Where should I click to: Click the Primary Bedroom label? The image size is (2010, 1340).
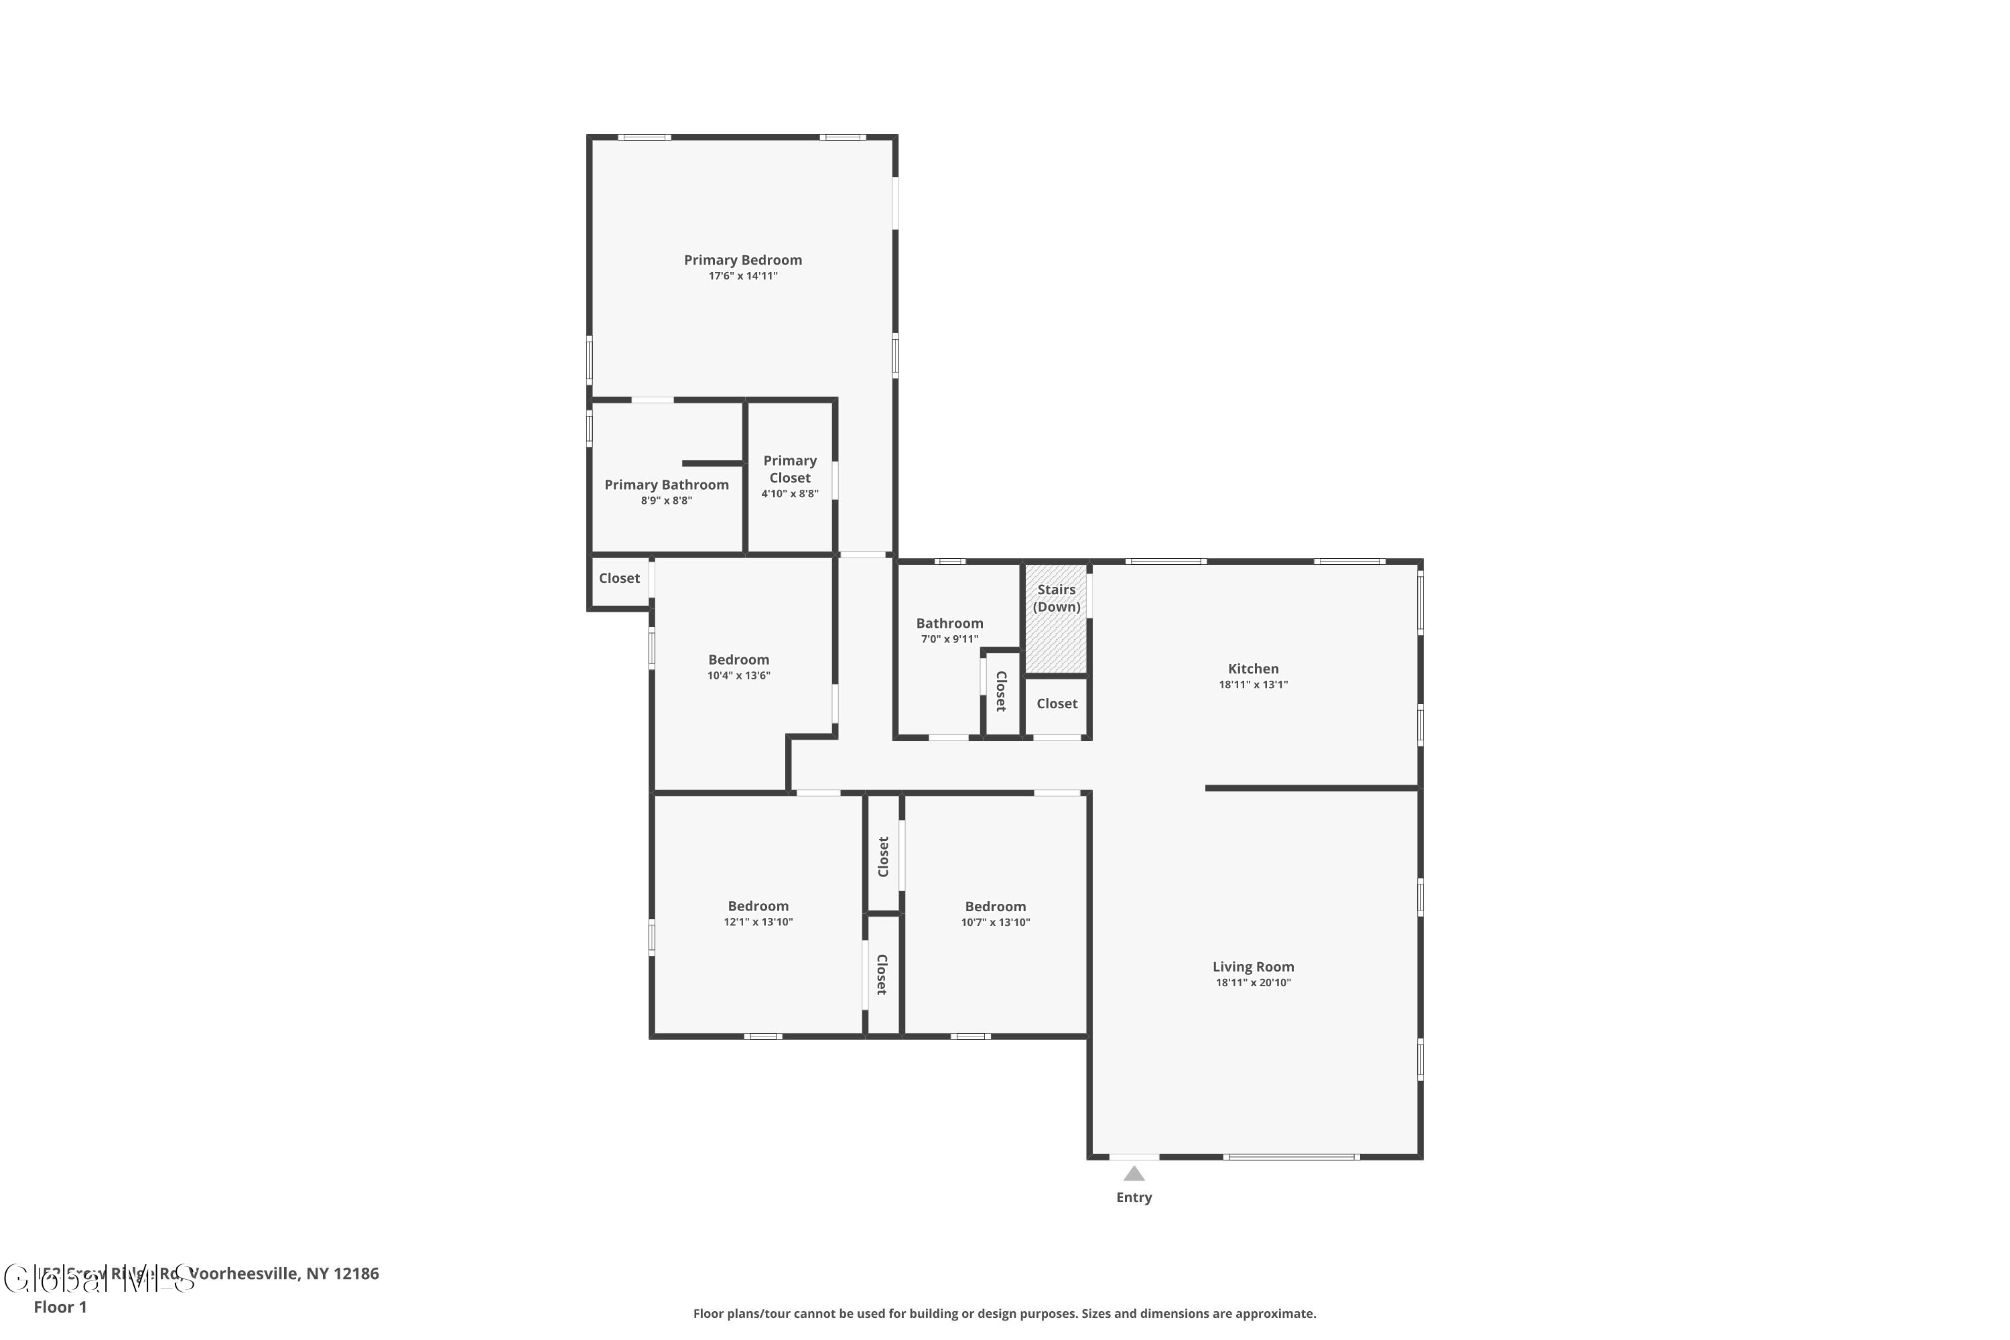(742, 260)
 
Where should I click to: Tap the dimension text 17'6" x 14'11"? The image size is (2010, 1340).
(742, 276)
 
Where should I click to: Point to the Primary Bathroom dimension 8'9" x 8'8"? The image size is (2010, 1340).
(666, 500)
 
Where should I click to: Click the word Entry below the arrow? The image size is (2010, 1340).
(1133, 1197)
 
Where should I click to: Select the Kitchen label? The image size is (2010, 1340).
(1253, 669)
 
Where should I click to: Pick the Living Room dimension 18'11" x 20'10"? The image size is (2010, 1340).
(1253, 983)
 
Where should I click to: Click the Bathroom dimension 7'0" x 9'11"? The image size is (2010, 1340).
(949, 639)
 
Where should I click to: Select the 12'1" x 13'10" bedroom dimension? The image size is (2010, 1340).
(758, 922)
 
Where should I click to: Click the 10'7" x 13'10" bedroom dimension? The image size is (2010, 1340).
(995, 922)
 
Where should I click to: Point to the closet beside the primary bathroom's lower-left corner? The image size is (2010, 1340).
(618, 579)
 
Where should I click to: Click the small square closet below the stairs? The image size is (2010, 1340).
(1057, 704)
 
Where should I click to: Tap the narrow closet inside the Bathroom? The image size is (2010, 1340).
(1001, 691)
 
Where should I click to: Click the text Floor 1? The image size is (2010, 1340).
(60, 1306)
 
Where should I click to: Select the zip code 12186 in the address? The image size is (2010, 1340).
(356, 1274)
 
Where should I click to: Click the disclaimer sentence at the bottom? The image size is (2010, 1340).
(1004, 1313)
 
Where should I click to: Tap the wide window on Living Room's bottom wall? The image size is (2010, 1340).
(1290, 1156)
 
